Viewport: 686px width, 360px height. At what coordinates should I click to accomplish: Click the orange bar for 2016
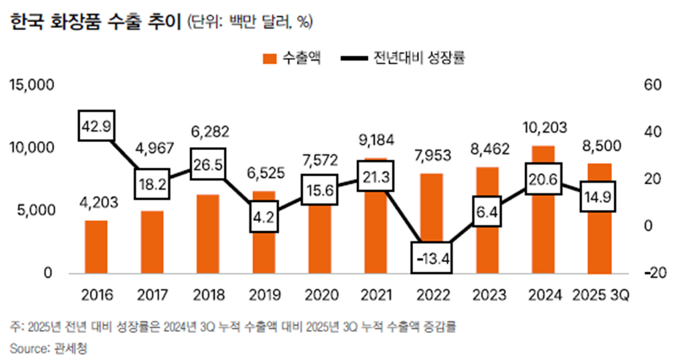coord(96,247)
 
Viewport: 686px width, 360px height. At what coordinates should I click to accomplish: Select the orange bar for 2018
coord(208,234)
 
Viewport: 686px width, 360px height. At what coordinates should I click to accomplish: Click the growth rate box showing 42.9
coord(97,127)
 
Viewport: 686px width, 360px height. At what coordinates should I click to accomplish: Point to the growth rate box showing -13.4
coord(431,258)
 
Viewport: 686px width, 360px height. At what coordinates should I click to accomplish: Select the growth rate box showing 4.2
coord(264,217)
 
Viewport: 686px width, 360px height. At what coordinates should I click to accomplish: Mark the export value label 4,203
coord(97,200)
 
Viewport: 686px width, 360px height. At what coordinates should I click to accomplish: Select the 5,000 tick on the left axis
coord(34,211)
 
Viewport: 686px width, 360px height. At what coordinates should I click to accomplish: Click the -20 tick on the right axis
coord(653,273)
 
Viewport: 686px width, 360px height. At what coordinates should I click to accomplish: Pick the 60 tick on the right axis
coord(653,86)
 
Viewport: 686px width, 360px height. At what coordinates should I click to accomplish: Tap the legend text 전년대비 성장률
coord(420,58)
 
